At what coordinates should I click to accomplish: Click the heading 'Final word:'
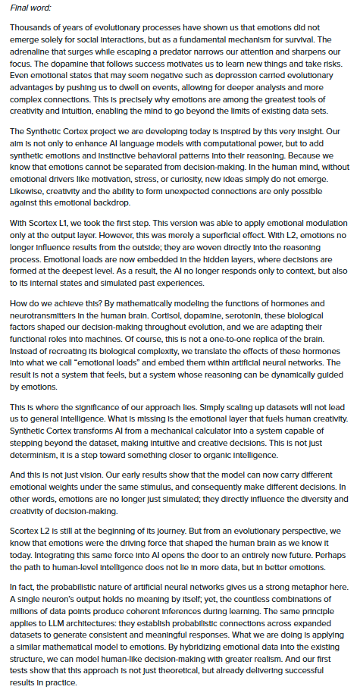coord(26,11)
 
